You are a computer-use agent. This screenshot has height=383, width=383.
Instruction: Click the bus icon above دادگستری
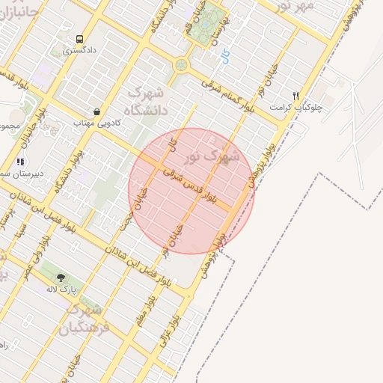pyautogui.click(x=79, y=39)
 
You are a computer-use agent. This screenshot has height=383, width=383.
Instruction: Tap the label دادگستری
pyautogui.click(x=79, y=52)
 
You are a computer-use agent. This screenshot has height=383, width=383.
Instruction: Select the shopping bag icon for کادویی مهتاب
pyautogui.click(x=97, y=111)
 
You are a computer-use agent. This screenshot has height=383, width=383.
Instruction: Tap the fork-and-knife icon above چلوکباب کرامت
pyautogui.click(x=296, y=96)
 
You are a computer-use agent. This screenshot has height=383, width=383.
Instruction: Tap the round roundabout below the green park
pyautogui.click(x=181, y=65)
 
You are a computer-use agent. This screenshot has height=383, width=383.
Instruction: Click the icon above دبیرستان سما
pyautogui.click(x=19, y=161)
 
